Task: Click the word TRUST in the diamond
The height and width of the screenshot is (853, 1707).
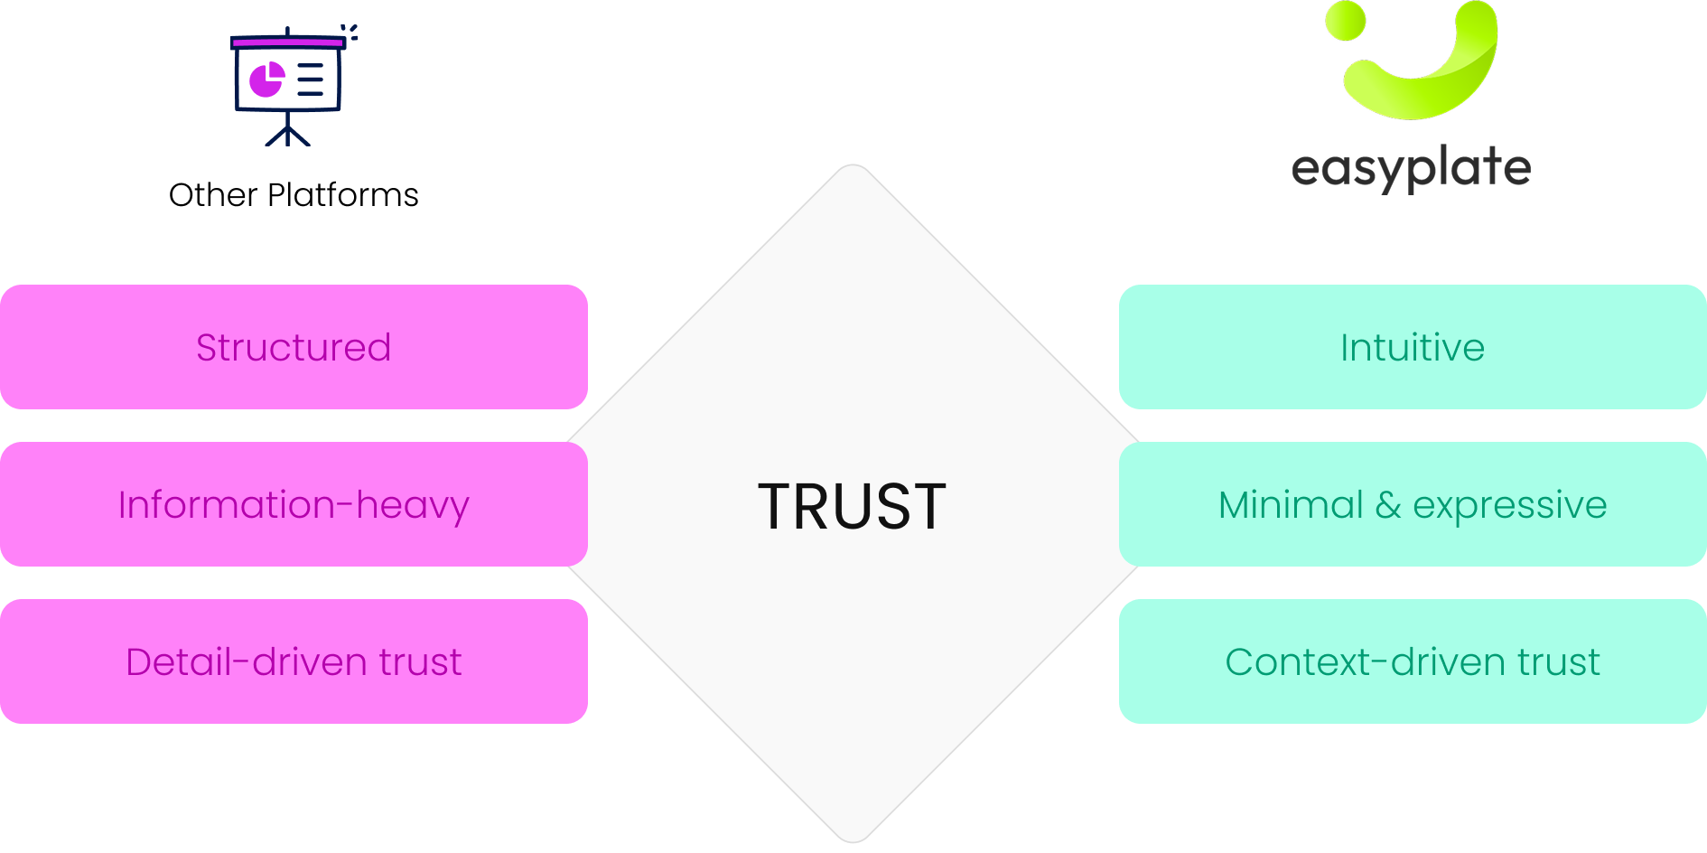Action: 852,506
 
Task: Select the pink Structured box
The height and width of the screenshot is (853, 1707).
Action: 294,348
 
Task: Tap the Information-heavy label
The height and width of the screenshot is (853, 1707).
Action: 294,505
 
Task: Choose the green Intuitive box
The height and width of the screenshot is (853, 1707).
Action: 1412,348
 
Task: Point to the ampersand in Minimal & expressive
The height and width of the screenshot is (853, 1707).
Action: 1387,505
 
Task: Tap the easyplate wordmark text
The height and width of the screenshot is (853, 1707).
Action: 1411,168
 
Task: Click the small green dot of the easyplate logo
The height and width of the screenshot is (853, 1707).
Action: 1346,21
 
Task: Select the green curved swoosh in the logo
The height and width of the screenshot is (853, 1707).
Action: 1436,86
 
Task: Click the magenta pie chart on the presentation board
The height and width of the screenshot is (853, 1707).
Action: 266,80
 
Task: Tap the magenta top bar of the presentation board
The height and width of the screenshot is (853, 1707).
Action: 287,42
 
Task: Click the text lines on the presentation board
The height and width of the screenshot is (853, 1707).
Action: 311,80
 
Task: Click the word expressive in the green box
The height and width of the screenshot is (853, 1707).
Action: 1509,505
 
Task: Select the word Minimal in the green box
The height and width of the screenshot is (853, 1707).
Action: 1291,505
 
